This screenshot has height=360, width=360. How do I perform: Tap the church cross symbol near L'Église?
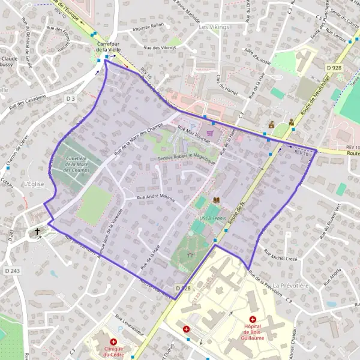point(37,230)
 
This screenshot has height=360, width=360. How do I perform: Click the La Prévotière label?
point(290,286)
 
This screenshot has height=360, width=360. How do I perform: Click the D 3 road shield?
point(71,98)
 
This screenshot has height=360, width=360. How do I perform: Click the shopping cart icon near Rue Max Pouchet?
point(209,133)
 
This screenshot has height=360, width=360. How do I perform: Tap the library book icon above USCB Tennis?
point(217,200)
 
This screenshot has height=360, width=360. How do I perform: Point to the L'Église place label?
point(34,184)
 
